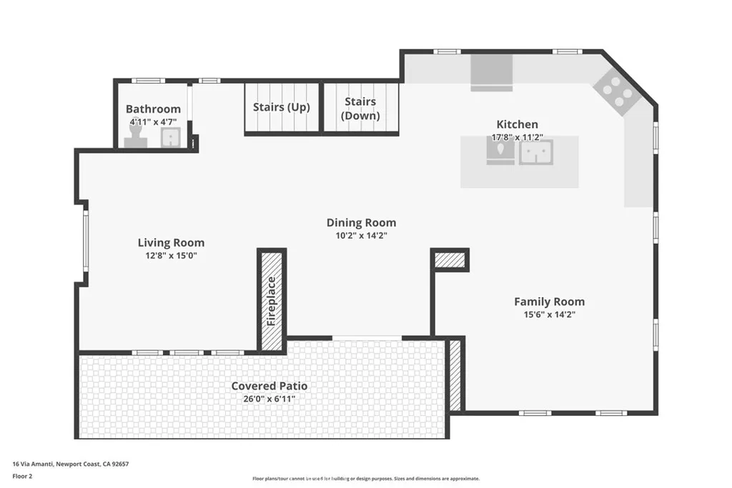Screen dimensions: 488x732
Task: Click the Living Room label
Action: (171, 243)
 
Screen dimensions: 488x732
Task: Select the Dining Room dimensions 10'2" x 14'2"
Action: (361, 235)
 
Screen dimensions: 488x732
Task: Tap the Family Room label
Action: (549, 302)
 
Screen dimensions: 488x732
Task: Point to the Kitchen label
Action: (518, 124)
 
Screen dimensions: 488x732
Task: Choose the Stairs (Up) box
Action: (282, 108)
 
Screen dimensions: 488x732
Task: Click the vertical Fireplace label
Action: (272, 300)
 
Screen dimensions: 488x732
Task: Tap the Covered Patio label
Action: (269, 386)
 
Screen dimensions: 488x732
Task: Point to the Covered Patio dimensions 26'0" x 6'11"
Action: (269, 399)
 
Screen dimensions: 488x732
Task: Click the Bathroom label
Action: (153, 109)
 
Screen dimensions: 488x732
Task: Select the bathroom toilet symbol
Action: (137, 137)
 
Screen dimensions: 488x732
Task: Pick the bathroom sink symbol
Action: (170, 137)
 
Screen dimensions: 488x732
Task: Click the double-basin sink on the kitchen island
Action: (535, 151)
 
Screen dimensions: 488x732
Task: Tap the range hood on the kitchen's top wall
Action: (491, 73)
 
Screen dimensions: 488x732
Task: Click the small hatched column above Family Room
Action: (450, 260)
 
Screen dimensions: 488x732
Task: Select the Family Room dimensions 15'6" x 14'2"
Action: (549, 314)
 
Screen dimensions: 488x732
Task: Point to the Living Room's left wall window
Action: (85, 241)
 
